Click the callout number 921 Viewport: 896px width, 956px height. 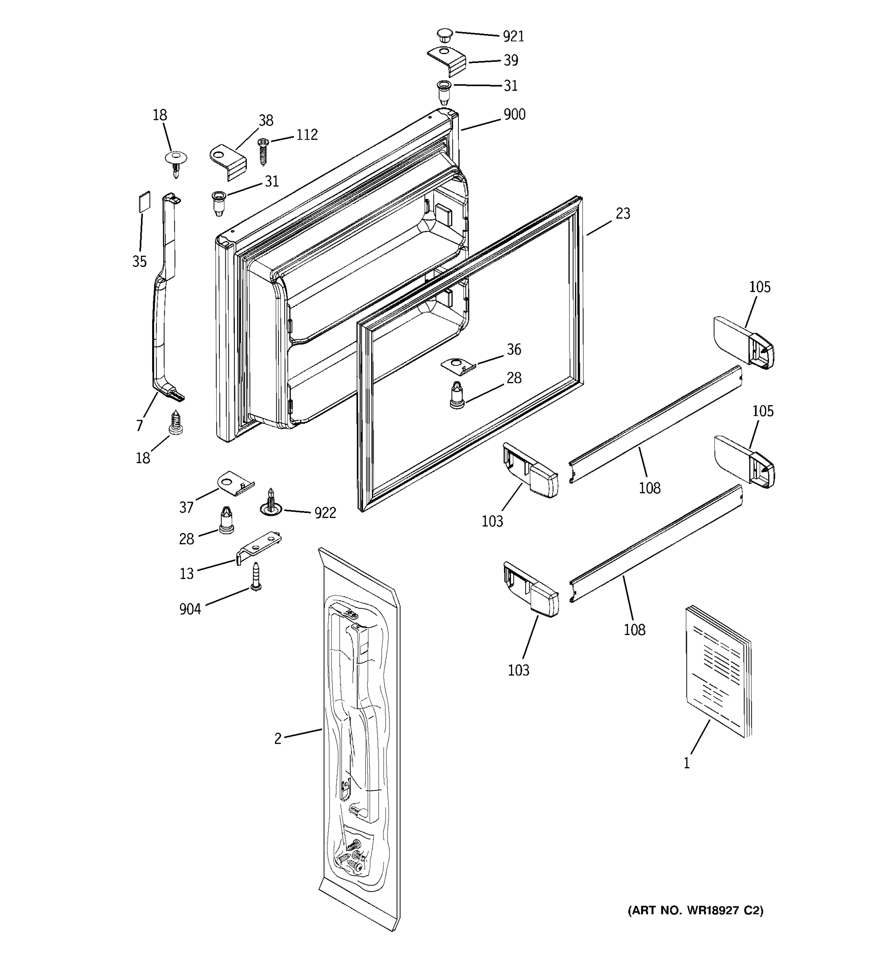513,37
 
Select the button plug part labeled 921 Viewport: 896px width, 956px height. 445,35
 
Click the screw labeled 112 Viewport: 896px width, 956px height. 263,151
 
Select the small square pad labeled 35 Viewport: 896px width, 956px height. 144,201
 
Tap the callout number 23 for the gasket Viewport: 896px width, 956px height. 622,214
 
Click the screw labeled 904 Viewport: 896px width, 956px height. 256,576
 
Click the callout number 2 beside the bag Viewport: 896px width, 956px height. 278,739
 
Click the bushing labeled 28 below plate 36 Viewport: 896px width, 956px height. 457,395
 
